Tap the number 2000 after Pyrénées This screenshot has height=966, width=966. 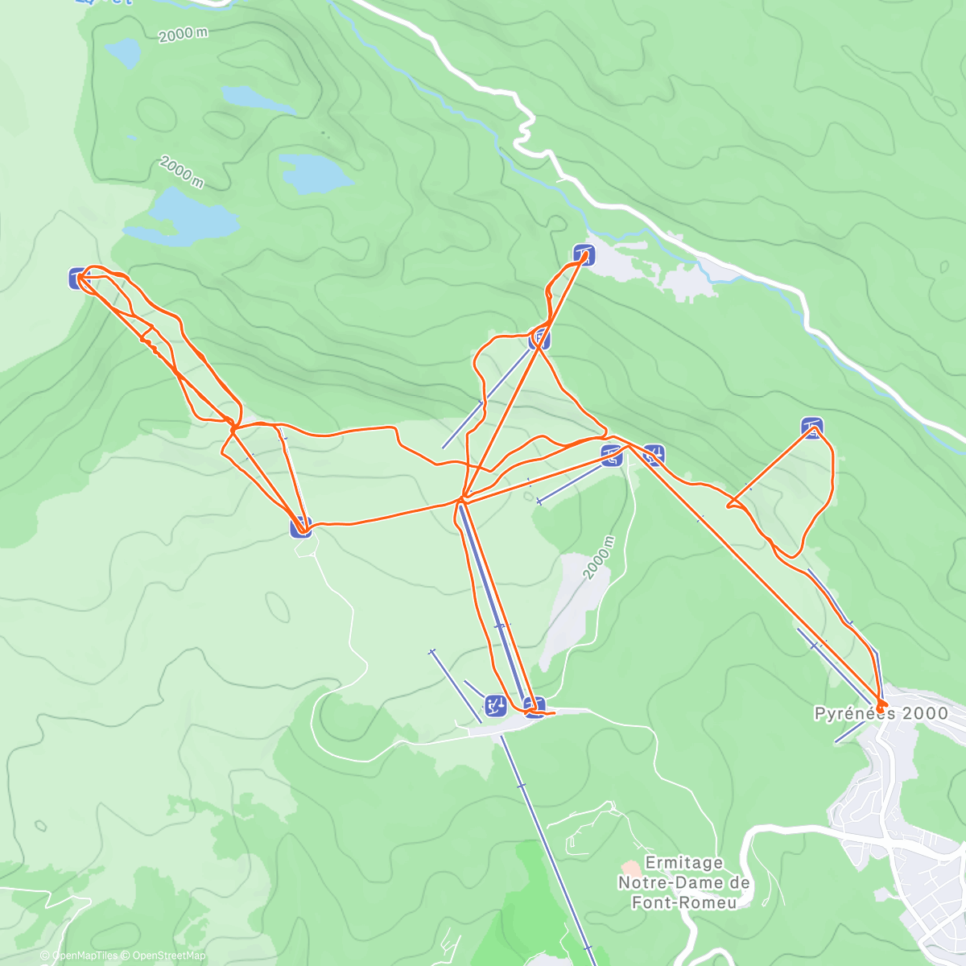[x=925, y=713]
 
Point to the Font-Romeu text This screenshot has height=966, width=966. [x=683, y=902]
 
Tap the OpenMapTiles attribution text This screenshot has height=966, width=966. [x=84, y=956]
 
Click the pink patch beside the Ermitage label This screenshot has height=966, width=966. [x=630, y=869]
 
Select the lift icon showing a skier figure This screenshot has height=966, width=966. [x=494, y=706]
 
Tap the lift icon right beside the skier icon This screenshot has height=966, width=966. [x=534, y=706]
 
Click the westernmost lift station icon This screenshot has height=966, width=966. [x=78, y=279]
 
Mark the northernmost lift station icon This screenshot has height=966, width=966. [x=584, y=255]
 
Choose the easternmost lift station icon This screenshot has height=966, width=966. [x=812, y=427]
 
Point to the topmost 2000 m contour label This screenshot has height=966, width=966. [x=183, y=35]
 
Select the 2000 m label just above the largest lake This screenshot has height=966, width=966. [x=181, y=171]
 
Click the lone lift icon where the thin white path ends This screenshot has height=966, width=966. [x=300, y=527]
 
